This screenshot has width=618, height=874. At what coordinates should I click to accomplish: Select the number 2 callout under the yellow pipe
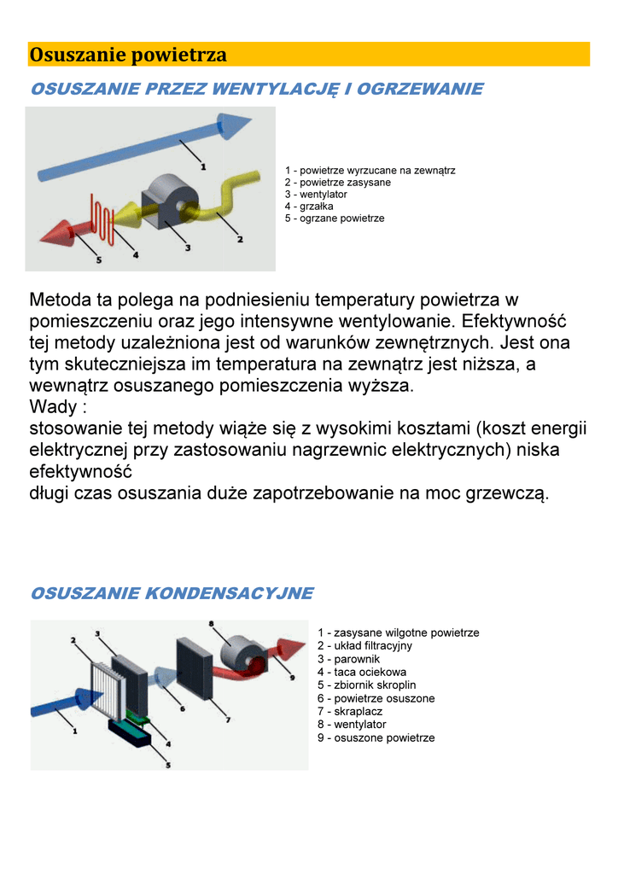[240, 240]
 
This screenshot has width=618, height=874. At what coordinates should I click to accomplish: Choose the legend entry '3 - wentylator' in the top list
[316, 195]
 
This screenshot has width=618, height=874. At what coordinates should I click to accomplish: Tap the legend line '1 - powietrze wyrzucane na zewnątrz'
[370, 171]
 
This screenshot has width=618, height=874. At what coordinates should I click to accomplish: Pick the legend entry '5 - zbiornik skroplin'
[366, 685]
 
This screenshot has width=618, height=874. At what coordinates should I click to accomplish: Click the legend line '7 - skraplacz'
[349, 711]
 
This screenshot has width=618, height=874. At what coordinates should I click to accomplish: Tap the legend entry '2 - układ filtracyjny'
[364, 646]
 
